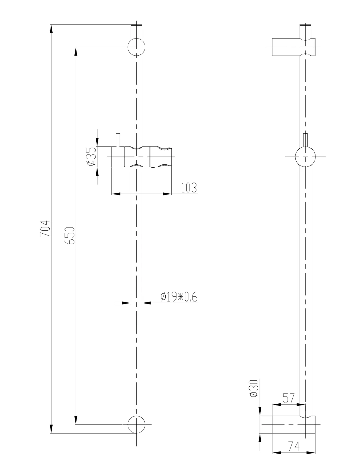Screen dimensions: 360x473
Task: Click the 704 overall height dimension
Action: (45, 228)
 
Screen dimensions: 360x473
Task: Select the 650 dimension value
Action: (70, 235)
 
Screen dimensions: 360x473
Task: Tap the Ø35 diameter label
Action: (91, 157)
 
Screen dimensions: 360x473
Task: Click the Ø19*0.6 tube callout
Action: (179, 297)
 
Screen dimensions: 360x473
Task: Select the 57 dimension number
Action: (289, 398)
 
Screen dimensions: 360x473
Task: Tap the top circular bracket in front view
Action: (136, 47)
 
